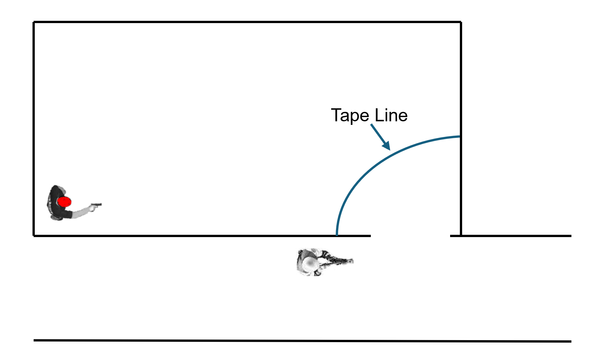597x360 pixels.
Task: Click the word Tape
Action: pos(350,116)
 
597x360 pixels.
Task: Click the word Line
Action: pos(391,116)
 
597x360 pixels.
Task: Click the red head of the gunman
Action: pos(64,202)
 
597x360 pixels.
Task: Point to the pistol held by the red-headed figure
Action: pos(96,206)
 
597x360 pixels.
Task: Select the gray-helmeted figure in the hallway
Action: pos(322,262)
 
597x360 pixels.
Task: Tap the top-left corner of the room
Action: pos(34,22)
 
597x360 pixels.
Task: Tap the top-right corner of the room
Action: pos(461,22)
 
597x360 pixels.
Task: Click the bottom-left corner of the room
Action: pos(34,235)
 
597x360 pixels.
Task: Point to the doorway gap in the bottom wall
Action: pos(410,236)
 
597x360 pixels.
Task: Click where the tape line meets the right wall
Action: pos(460,137)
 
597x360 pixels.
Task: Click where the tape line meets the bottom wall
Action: pos(337,235)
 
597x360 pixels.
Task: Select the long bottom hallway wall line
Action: pos(302,341)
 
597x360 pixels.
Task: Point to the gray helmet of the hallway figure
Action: pos(307,262)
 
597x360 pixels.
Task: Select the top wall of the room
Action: pos(247,22)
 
